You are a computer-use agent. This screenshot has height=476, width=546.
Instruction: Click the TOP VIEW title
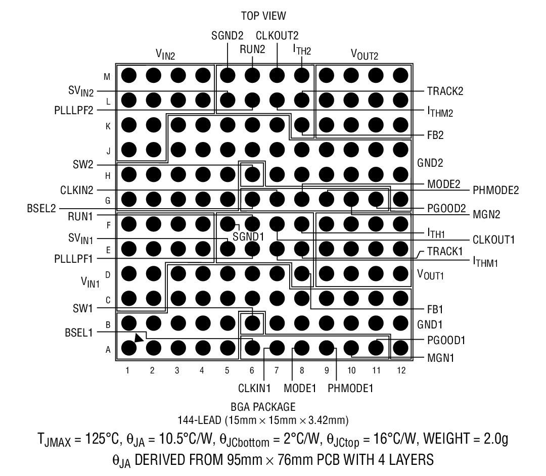pos(263,16)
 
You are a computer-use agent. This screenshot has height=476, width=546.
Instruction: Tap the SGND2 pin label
pos(227,35)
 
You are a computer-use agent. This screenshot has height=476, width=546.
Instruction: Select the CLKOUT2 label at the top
pos(277,35)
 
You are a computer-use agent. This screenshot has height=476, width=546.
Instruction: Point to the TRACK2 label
pos(445,91)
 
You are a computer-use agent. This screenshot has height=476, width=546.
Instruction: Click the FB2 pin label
pos(435,135)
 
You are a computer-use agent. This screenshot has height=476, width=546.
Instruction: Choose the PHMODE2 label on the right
pos(495,190)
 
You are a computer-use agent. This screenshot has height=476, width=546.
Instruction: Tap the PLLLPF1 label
pos(74,259)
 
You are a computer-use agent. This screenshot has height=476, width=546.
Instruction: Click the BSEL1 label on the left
pos(79,332)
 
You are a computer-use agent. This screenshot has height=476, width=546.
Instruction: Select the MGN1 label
pos(440,358)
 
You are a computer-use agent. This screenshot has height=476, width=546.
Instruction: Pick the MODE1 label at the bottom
pos(300,388)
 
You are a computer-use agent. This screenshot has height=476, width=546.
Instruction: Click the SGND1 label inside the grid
pos(248,236)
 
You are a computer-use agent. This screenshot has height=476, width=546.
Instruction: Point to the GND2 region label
pos(430,163)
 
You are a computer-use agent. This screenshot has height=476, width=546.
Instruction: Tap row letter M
pos(107,77)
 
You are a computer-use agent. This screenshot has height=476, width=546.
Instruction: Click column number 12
pos(401,370)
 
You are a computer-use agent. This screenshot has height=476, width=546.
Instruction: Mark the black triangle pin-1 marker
pos(139,338)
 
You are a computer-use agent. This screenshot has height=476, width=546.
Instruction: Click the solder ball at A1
pos(128,348)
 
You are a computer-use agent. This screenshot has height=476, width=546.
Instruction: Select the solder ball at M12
pos(400,75)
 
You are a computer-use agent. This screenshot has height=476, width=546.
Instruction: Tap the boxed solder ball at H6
pos(252,174)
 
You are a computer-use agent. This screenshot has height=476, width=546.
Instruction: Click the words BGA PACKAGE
pos(263,407)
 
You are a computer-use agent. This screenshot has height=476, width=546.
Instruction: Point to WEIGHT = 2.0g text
pos(466,439)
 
